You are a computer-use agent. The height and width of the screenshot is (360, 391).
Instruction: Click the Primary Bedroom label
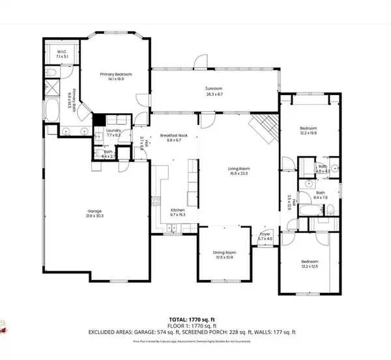116,75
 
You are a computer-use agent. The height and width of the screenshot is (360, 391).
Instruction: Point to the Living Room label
239,170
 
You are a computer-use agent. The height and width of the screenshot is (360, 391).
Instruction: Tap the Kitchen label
178,210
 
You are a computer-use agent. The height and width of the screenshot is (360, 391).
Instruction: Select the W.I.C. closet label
63,52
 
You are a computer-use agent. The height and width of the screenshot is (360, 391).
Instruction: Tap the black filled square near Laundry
98,120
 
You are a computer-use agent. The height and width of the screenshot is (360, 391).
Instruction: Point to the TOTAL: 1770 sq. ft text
195,318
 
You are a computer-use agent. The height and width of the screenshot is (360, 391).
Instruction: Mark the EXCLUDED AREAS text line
195,331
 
